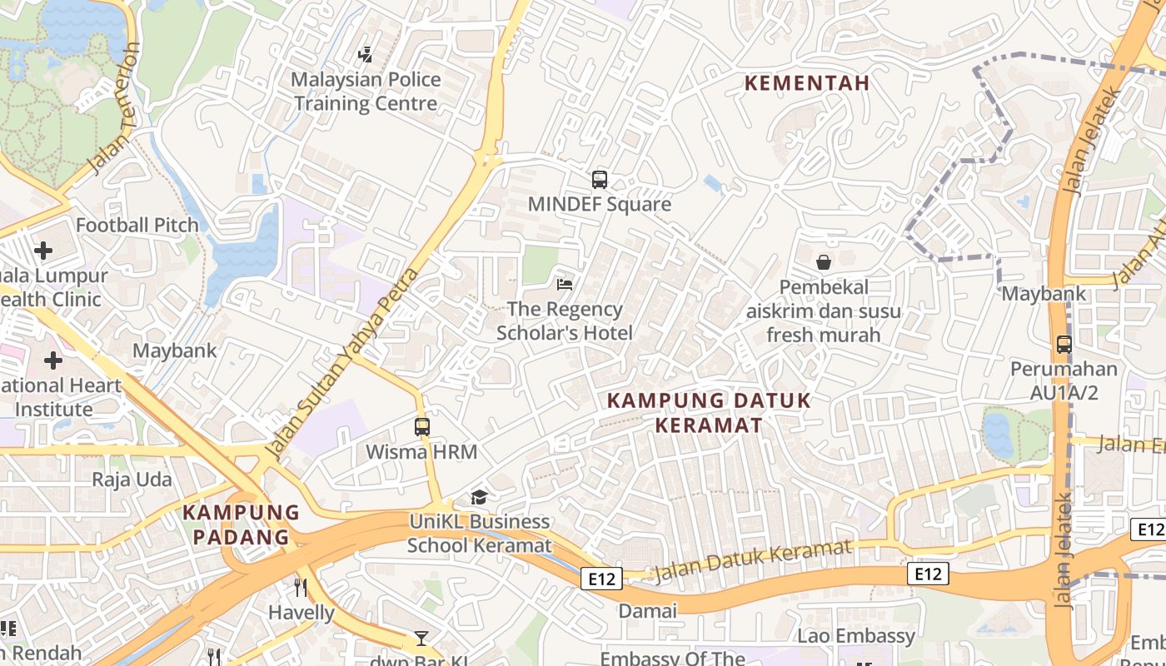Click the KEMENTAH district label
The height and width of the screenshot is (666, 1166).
[806, 83]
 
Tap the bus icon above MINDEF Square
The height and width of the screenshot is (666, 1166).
[599, 179]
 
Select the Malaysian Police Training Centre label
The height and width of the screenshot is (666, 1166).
[366, 92]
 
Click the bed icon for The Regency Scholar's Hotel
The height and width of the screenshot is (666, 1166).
[565, 285]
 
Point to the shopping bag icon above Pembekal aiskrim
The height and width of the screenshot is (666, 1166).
[823, 262]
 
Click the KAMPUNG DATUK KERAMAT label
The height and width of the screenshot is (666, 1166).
[709, 413]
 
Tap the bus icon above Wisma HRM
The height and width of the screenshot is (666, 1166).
[422, 427]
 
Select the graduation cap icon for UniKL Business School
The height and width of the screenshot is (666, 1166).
[479, 497]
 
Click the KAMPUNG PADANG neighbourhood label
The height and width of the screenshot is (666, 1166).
[241, 524]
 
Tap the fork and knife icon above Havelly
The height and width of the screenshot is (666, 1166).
[301, 588]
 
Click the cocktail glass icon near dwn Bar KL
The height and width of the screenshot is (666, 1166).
[421, 639]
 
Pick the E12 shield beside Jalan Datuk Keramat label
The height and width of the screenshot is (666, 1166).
[601, 579]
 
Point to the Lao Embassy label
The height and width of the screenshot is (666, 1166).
[856, 637]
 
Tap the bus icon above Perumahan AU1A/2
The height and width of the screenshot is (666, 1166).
[1064, 344]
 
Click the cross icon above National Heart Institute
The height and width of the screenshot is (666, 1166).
[53, 360]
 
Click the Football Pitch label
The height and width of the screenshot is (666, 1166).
[137, 226]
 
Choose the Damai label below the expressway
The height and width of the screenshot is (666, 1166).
[647, 611]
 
